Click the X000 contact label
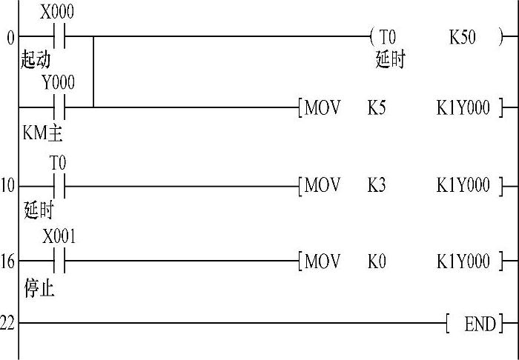tap(57, 13)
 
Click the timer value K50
tap(463, 36)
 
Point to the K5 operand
tap(377, 108)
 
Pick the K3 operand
tap(377, 184)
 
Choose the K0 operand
tap(377, 261)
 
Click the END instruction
tap(480, 324)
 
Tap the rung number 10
tap(7, 185)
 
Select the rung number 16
tap(7, 262)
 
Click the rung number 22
tap(7, 324)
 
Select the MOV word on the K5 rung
tap(323, 108)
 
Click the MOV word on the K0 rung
tap(323, 261)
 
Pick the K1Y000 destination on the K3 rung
tap(463, 184)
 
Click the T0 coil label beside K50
tap(388, 36)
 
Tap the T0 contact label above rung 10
tap(58, 161)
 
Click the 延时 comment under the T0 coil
tap(390, 60)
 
